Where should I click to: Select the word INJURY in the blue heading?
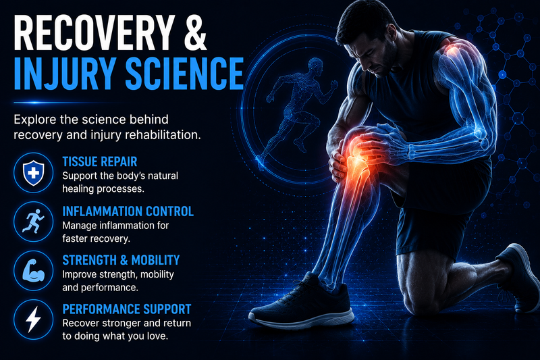point(63,74)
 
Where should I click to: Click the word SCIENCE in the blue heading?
point(184,74)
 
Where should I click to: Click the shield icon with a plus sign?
point(33,173)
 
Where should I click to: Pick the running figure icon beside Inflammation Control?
point(33,222)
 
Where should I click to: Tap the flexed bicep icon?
point(33,270)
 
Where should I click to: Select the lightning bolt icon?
point(33,319)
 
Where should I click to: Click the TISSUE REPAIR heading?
point(100,161)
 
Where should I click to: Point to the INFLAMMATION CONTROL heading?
point(128,211)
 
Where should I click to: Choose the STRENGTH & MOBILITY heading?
point(121,260)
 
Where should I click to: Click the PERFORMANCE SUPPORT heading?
point(127,309)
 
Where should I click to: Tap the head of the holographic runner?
point(315,66)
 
